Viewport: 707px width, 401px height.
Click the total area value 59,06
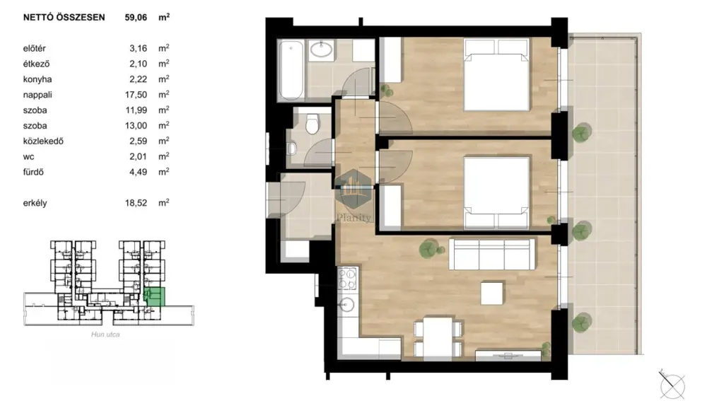[x=136, y=18]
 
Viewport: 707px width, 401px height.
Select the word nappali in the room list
[x=37, y=95]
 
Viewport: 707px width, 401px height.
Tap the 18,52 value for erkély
[x=136, y=203]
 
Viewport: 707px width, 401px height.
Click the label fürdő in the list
[x=33, y=172]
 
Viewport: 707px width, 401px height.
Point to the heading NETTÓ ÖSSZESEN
[x=64, y=18]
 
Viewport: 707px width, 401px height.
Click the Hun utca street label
[x=105, y=335]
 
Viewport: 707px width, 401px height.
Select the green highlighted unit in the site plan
[x=155, y=296]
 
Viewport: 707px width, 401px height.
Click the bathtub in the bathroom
[x=291, y=70]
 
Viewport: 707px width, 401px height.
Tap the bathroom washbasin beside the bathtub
[x=321, y=50]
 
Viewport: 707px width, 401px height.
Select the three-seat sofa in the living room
[x=492, y=254]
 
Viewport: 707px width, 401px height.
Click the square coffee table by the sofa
[x=492, y=294]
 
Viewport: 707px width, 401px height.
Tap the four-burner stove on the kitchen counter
[x=347, y=279]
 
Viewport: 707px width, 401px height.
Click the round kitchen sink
[x=346, y=305]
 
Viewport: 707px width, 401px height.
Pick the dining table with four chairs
[x=438, y=338]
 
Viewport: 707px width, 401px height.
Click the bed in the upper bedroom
[x=496, y=75]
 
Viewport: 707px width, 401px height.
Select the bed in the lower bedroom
[x=496, y=193]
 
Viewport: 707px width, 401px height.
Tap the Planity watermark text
[x=354, y=218]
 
